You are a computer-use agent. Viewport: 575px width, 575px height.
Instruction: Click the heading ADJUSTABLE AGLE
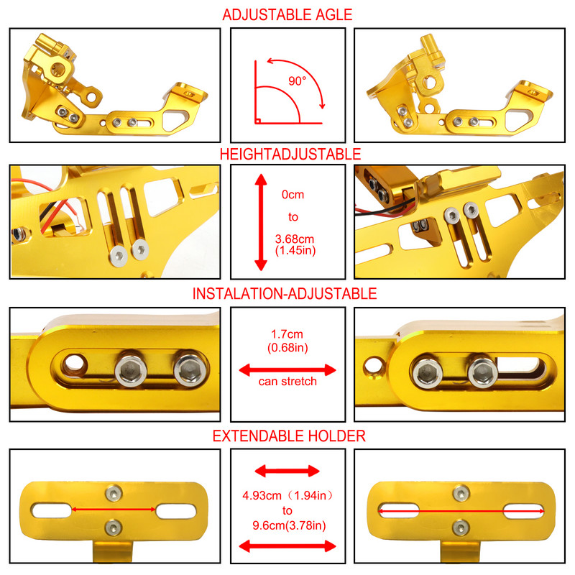[x=287, y=14]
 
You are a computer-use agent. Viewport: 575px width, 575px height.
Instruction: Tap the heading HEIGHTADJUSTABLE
[x=287, y=154]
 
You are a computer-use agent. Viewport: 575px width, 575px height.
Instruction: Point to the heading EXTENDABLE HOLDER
[x=288, y=436]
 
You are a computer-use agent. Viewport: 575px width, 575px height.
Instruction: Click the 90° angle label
[x=297, y=81]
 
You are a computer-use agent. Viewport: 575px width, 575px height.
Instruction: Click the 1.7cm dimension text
[x=287, y=333]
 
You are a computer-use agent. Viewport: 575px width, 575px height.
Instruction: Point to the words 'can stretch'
[x=287, y=381]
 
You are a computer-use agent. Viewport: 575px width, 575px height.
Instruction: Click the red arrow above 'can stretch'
[x=287, y=369]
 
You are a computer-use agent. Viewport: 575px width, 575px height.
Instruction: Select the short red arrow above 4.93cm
[x=287, y=471]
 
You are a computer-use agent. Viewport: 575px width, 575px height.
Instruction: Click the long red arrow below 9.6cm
[x=287, y=547]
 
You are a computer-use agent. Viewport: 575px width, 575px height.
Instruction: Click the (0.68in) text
[x=287, y=348]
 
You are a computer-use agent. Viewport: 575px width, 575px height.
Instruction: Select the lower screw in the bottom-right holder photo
[x=458, y=528]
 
